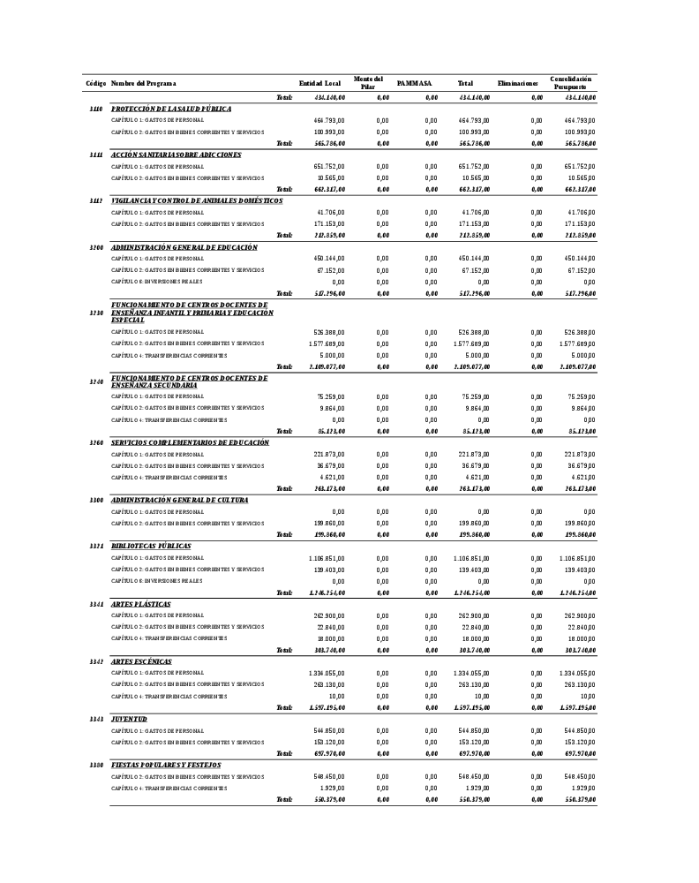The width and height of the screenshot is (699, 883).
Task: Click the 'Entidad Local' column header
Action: [x=319, y=84]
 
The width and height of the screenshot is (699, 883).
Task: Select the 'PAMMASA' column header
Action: [x=414, y=84]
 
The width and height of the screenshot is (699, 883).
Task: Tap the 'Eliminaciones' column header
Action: [x=518, y=84]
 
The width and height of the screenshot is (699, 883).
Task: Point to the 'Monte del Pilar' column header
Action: [x=368, y=83]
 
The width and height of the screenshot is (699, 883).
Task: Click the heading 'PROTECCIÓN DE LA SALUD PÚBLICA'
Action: [x=171, y=109]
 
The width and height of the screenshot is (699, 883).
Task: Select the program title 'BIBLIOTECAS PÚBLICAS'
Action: [x=151, y=547]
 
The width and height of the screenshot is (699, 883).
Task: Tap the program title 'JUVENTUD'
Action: [x=129, y=720]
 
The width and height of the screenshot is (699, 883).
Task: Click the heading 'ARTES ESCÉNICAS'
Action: [x=141, y=661]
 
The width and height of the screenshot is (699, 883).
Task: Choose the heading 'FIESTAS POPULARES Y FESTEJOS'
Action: [x=166, y=766]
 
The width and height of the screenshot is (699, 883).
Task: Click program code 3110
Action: [x=96, y=109]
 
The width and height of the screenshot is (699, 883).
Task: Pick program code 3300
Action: [x=96, y=501]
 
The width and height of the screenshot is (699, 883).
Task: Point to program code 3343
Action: [x=96, y=720]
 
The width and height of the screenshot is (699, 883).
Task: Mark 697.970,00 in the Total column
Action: [x=474, y=754]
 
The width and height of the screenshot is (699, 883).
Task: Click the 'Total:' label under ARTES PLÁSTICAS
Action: [x=284, y=650]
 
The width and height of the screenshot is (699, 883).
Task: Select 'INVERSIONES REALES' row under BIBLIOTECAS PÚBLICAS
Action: [x=157, y=581]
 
